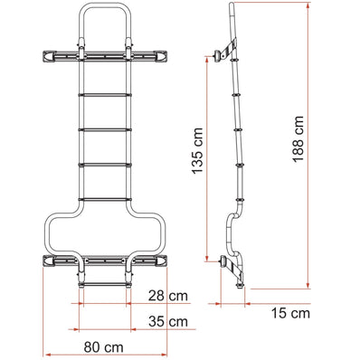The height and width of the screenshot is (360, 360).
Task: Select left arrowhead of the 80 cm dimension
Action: point(45,353)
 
